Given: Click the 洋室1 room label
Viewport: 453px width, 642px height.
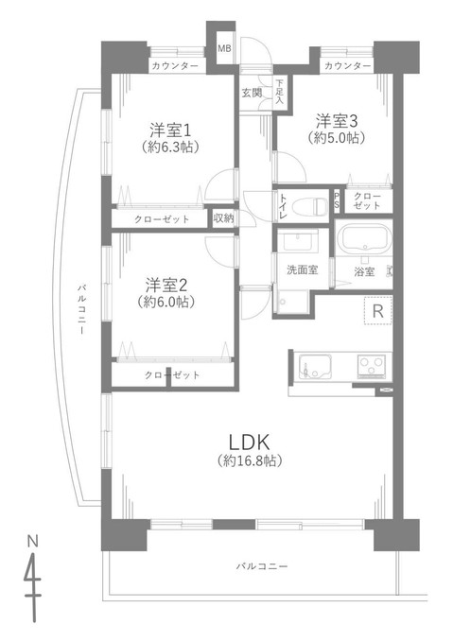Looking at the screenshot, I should pyautogui.click(x=174, y=130).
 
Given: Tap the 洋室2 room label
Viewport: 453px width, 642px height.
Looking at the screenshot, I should pyautogui.click(x=171, y=284).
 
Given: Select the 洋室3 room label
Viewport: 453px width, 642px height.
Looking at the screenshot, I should pyautogui.click(x=338, y=120).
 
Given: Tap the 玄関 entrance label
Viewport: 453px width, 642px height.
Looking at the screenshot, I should pyautogui.click(x=251, y=92).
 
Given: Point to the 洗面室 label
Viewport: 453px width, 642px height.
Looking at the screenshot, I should pyautogui.click(x=302, y=269).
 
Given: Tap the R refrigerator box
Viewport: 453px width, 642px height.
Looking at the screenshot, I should pyautogui.click(x=377, y=311).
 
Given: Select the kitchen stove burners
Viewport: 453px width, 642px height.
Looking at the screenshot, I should pyautogui.click(x=370, y=365).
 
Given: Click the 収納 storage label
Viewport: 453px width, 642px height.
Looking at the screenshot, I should pyautogui.click(x=223, y=218).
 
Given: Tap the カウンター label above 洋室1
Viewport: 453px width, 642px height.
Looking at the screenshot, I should pyautogui.click(x=174, y=65).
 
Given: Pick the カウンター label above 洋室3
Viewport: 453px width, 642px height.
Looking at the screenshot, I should pyautogui.click(x=345, y=65).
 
